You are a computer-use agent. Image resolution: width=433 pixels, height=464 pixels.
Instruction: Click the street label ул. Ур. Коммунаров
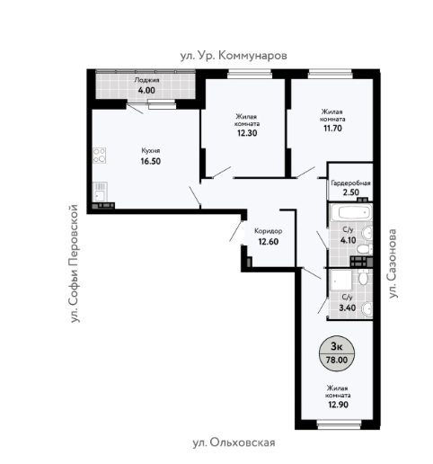pyautogui.click(x=234, y=56)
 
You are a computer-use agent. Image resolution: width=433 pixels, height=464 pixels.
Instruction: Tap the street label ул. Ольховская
pyautogui.click(x=234, y=442)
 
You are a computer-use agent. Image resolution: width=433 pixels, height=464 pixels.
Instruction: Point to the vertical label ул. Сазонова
pyautogui.click(x=393, y=263)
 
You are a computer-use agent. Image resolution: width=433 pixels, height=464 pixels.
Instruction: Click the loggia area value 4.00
pyautogui.click(x=146, y=90)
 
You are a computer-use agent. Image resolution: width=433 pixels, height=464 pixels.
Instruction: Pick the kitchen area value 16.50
pyautogui.click(x=151, y=161)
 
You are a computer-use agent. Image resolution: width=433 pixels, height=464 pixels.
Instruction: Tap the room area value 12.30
pyautogui.click(x=247, y=133)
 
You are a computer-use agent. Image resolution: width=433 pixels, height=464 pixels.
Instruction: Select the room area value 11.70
pyautogui.click(x=332, y=129)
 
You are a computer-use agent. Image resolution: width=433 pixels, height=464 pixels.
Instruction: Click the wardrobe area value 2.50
pyautogui.click(x=350, y=192)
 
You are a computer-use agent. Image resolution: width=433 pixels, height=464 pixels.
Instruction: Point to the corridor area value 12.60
pyautogui.click(x=269, y=242)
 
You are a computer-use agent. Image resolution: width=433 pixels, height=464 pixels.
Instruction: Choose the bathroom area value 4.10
pyautogui.click(x=348, y=240)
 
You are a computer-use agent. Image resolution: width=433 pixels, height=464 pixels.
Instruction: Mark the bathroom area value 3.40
pyautogui.click(x=348, y=308)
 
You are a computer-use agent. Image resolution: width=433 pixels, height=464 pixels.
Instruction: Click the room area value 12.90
pyautogui.click(x=338, y=405)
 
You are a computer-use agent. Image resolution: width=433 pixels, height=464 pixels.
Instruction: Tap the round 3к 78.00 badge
pyautogui.click(x=337, y=353)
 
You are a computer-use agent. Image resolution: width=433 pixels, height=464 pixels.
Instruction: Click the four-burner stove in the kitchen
pyautogui.click(x=99, y=156)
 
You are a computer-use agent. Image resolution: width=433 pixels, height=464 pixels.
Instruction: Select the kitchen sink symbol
pyautogui.click(x=100, y=192)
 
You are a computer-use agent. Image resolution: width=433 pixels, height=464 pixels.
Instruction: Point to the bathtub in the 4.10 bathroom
pyautogui.click(x=351, y=213)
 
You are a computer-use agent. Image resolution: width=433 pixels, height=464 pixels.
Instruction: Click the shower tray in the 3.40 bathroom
pyautogui.click(x=340, y=281)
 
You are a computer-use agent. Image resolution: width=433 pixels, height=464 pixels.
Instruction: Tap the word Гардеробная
pyautogui.click(x=350, y=183)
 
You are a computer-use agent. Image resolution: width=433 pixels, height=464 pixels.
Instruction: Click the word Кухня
pyautogui.click(x=151, y=150)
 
